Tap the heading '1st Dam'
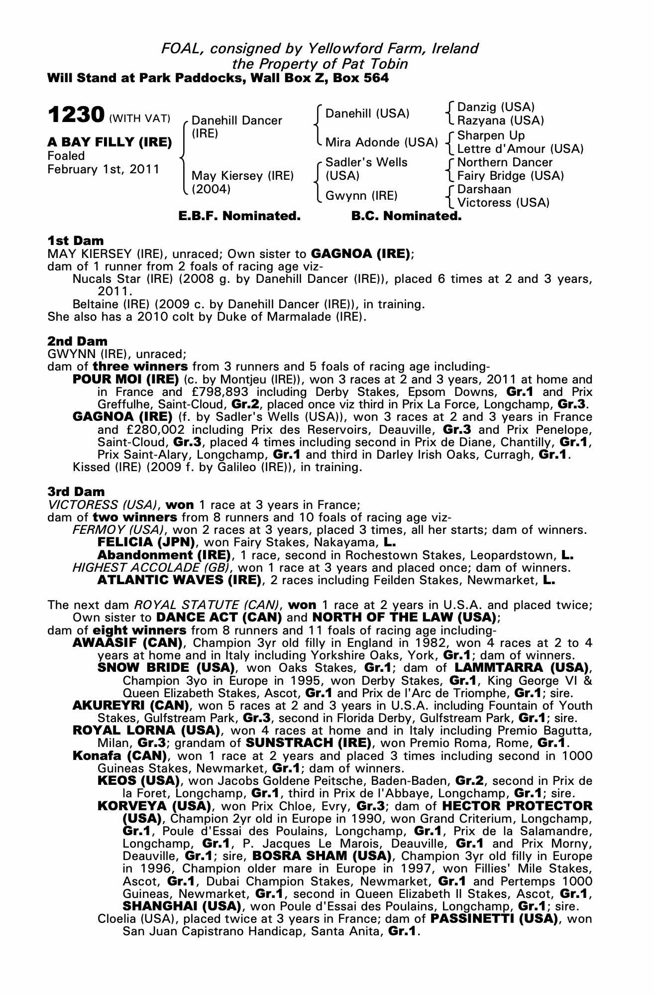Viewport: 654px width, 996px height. (75, 241)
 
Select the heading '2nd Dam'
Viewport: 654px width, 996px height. (77, 341)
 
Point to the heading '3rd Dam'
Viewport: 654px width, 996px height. (76, 492)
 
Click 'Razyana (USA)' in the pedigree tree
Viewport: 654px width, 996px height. (500, 121)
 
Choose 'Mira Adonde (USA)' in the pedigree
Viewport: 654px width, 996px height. (381, 142)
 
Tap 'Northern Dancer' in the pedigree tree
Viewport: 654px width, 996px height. (505, 162)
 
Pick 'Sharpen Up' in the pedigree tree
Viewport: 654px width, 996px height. (491, 135)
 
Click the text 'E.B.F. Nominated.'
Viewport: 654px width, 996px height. (239, 216)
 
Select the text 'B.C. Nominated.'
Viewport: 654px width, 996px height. (406, 216)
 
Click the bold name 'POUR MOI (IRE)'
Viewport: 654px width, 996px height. (125, 379)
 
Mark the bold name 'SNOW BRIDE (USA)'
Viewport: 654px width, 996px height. (166, 667)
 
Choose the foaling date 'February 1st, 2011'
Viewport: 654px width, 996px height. (104, 169)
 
